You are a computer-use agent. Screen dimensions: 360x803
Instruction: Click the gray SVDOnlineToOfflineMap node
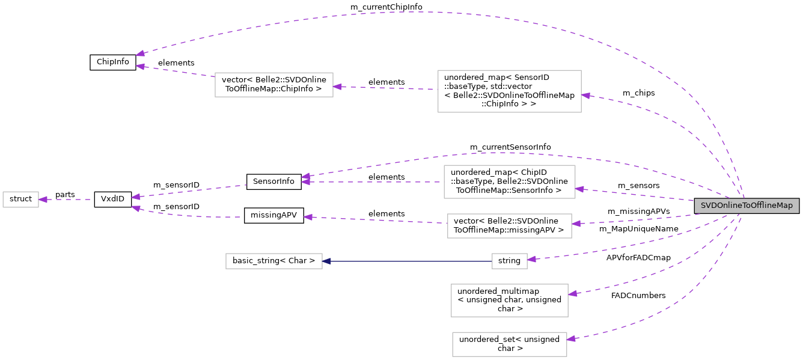[747, 206]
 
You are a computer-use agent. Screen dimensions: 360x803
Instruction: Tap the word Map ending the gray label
[784, 206]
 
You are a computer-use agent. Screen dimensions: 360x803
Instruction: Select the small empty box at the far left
[20, 200]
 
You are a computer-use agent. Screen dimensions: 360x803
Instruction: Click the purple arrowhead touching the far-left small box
[43, 200]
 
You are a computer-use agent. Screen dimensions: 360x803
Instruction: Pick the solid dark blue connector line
[409, 261]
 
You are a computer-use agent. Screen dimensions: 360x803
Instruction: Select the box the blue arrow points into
[273, 261]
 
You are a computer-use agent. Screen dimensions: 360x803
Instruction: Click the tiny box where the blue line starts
[509, 261]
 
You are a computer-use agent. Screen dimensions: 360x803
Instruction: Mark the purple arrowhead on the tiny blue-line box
[531, 260]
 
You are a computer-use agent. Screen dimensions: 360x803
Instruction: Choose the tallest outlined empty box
[509, 91]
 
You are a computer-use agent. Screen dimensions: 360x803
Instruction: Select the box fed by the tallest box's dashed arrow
[273, 85]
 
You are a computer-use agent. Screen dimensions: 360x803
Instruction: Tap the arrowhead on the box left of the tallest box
[338, 87]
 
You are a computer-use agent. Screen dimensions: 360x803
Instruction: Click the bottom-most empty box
[509, 344]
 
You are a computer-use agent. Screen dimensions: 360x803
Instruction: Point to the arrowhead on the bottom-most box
[572, 339]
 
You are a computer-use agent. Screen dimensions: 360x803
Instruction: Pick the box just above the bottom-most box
[509, 301]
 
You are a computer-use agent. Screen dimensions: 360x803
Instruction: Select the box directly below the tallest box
[509, 182]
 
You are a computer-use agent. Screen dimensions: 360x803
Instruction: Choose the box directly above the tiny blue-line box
[509, 226]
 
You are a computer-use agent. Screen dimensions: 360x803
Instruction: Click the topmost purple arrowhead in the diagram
[140, 53]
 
